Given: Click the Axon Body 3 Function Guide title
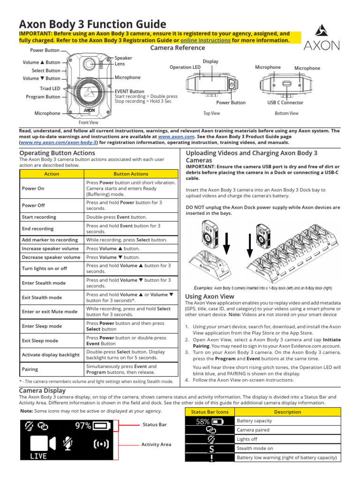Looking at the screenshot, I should pyautogui.click(x=92, y=24).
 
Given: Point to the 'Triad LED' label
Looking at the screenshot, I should pyautogui.click(x=50, y=88).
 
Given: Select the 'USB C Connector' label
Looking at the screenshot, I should pyautogui.click(x=285, y=103).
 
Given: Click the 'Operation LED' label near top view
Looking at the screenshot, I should pyautogui.click(x=185, y=67).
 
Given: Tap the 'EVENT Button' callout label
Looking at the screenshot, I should pyautogui.click(x=129, y=91).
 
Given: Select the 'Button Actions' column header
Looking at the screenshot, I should pyautogui.click(x=131, y=173).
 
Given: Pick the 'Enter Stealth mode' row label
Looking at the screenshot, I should pyautogui.click(x=44, y=283).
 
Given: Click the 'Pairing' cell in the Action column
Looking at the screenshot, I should pyautogui.click(x=31, y=369).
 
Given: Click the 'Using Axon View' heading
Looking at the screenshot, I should pyautogui.click(x=210, y=297).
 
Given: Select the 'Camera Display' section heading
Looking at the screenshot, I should pyautogui.click(x=42, y=390).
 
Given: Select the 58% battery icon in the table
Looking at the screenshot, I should pyautogui.click(x=210, y=421).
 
